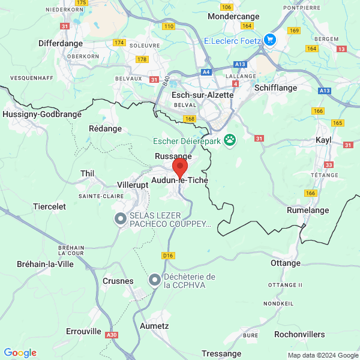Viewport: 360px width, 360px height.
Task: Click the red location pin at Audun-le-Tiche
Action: [180, 167]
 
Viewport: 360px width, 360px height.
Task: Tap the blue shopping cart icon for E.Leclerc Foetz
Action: [269, 40]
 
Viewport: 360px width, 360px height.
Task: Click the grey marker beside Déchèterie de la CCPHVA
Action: [155, 280]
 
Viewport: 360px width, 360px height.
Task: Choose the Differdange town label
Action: [61, 43]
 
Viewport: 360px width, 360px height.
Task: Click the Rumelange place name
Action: [308, 211]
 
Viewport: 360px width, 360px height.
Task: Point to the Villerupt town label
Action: [133, 185]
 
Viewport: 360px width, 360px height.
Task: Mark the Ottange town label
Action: [286, 263]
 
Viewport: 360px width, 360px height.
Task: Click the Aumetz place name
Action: [154, 326]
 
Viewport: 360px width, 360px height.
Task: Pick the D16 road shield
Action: [169, 255]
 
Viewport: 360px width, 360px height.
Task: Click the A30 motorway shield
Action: [111, 335]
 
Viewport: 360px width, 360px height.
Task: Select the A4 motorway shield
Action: [206, 71]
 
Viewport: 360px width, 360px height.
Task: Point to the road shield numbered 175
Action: [82, 3]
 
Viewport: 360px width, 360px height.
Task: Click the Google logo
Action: [20, 353]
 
